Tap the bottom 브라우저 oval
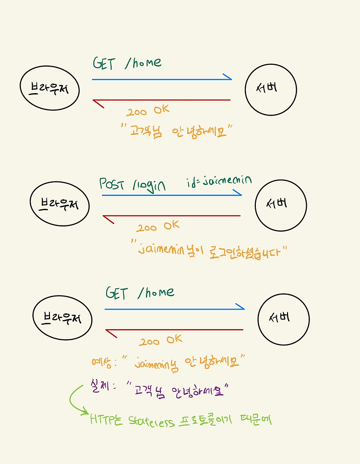62,318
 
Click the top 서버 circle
271,90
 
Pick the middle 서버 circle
280,205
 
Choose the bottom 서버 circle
283,319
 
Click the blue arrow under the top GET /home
161,79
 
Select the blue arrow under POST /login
171,195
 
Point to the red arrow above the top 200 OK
161,100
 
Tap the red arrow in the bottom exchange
174,330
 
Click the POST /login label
132,185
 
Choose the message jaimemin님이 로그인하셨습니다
211,251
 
